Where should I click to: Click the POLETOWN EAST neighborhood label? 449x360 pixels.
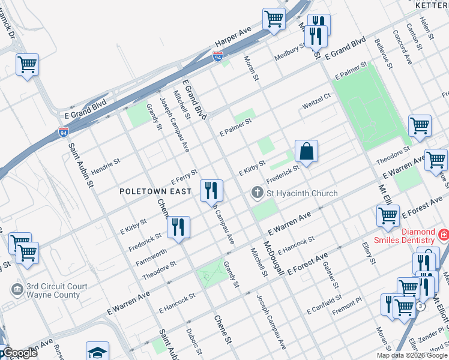pos(155,191)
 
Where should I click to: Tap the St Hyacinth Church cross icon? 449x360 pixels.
pos(257,193)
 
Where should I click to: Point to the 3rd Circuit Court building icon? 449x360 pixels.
pos(17,290)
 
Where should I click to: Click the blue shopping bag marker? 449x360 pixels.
pos(306,152)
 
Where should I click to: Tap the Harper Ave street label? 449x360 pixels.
pos(233,38)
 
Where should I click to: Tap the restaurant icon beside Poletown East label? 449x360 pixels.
pos(211,191)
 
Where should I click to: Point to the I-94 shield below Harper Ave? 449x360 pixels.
pos(218,56)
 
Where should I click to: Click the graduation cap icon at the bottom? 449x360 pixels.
pos(97,352)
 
